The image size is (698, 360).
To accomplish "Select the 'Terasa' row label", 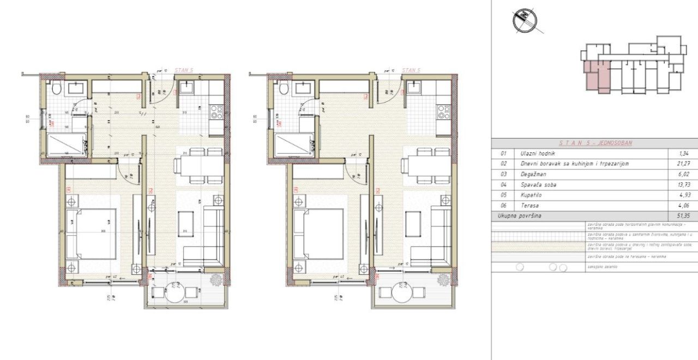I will (530, 206).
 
